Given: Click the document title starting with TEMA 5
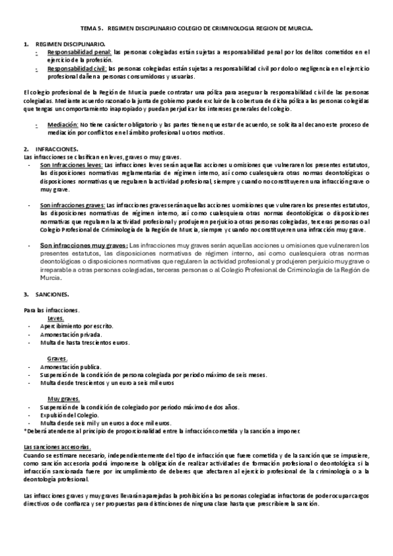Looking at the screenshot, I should (x=196, y=29).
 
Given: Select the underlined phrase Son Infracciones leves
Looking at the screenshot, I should (x=71, y=165).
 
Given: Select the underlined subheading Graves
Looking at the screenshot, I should (x=58, y=358).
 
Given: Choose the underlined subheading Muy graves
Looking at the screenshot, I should (x=64, y=398).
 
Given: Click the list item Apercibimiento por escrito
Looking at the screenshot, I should (x=76, y=326).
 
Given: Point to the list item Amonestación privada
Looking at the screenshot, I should (x=71, y=334).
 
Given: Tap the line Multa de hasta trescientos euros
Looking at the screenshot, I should (x=84, y=342).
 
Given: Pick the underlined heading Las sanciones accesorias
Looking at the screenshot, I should (x=56, y=447).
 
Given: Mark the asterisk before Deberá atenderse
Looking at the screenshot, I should (x=24, y=430).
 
